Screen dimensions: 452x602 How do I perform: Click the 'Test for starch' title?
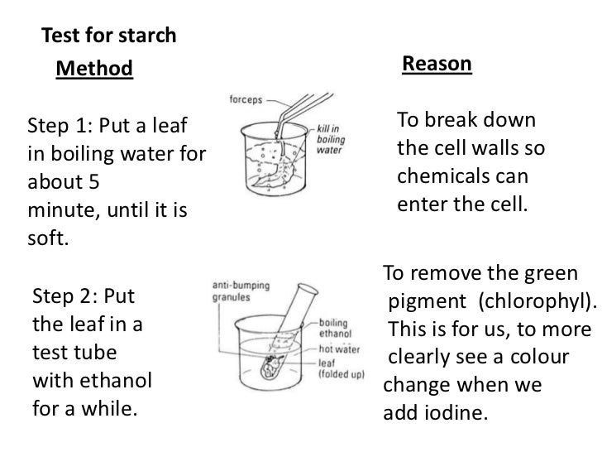pos(108,36)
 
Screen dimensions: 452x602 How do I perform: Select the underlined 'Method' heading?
pos(93,69)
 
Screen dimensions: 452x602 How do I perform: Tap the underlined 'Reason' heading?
pos(436,65)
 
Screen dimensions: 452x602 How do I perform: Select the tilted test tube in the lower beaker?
pos(290,332)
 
